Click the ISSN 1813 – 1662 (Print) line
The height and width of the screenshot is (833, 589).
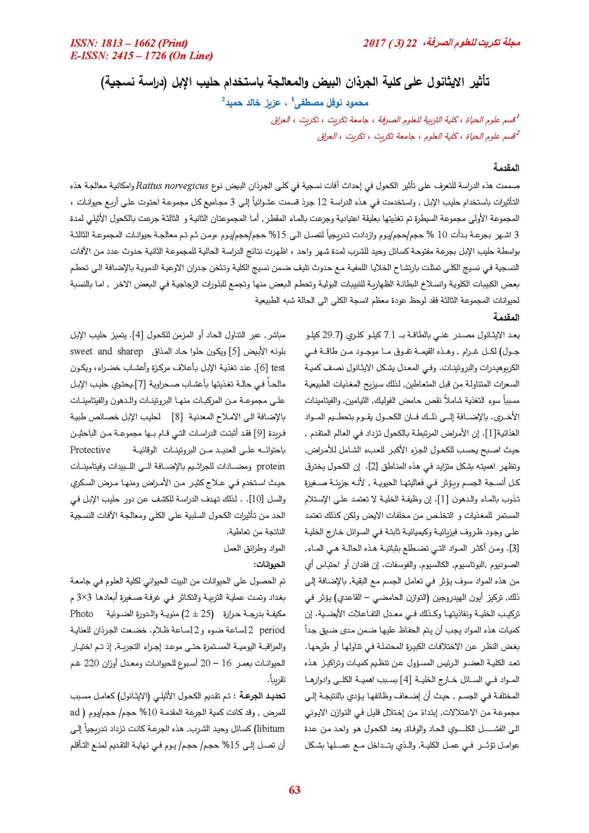[x=129, y=43]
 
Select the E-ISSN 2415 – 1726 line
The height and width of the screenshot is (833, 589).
[x=141, y=56]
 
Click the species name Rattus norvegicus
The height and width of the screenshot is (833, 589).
[x=172, y=186]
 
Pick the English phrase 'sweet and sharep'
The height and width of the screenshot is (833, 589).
[x=106, y=352]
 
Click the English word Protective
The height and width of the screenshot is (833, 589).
[x=90, y=450]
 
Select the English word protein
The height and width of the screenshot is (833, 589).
[x=271, y=466]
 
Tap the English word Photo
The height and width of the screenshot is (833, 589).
[x=82, y=614]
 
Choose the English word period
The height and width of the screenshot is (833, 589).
[x=272, y=630]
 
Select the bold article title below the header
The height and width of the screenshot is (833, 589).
[x=294, y=82]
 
